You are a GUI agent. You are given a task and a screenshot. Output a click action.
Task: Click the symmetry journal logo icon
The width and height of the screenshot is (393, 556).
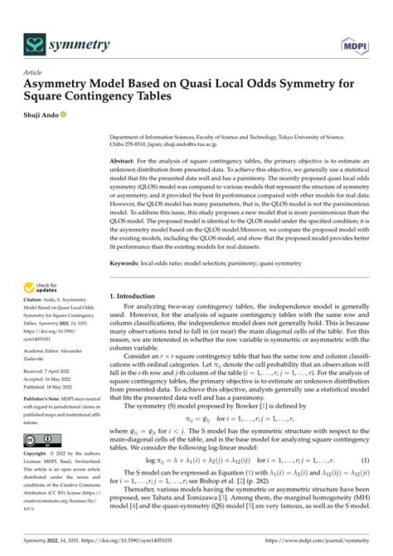35,42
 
